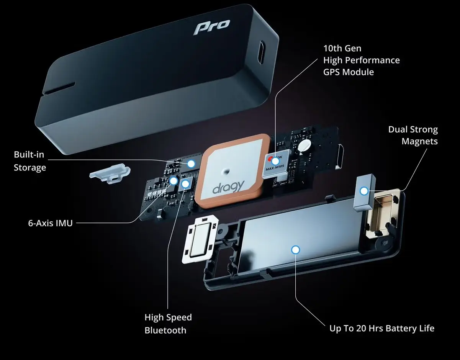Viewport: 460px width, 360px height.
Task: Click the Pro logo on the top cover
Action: click(x=212, y=27)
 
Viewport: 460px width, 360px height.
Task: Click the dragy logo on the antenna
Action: click(x=228, y=187)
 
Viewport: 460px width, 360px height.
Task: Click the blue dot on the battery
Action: click(x=296, y=250)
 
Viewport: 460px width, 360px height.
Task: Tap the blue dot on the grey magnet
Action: click(x=364, y=191)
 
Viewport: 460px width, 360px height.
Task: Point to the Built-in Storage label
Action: click(x=30, y=161)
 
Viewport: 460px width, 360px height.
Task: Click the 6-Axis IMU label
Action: click(x=51, y=223)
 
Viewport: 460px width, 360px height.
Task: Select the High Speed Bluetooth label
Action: click(x=168, y=324)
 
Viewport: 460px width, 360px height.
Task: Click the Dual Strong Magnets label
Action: click(x=413, y=136)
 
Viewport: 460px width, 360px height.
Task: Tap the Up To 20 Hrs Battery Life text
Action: click(x=382, y=328)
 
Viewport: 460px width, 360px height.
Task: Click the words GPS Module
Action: click(x=349, y=72)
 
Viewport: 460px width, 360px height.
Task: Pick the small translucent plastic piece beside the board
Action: click(x=110, y=173)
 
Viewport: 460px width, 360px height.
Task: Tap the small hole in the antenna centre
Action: click(x=226, y=171)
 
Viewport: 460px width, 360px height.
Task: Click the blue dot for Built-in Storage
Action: click(x=191, y=164)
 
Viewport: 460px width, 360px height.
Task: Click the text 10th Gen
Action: click(x=342, y=49)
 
